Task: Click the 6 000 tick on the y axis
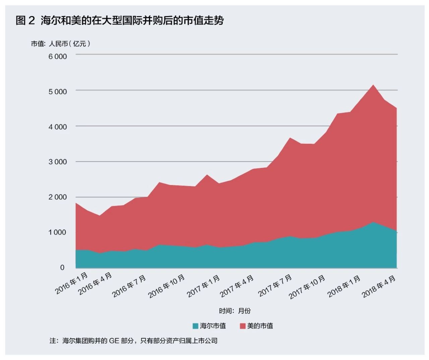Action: click(x=58, y=56)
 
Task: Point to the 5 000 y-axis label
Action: click(x=58, y=92)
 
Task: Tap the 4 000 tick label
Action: click(x=58, y=127)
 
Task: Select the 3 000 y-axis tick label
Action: click(x=58, y=162)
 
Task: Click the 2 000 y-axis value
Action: click(x=58, y=197)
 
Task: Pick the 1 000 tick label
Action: click(x=58, y=232)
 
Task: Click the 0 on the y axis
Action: click(x=62, y=267)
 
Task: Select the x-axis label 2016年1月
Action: click(x=72, y=283)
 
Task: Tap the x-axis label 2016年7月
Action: click(x=129, y=286)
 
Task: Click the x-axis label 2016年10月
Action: click(x=167, y=286)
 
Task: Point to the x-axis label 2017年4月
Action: click(x=237, y=286)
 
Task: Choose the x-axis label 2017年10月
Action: click(x=307, y=287)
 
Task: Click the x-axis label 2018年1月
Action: click(x=344, y=286)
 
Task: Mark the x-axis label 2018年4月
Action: click(x=379, y=286)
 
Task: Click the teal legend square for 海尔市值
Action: click(x=195, y=326)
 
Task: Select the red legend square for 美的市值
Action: click(x=243, y=326)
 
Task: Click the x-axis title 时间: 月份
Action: click(x=235, y=311)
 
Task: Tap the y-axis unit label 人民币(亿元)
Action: click(x=70, y=44)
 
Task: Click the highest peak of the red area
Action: click(x=373, y=85)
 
